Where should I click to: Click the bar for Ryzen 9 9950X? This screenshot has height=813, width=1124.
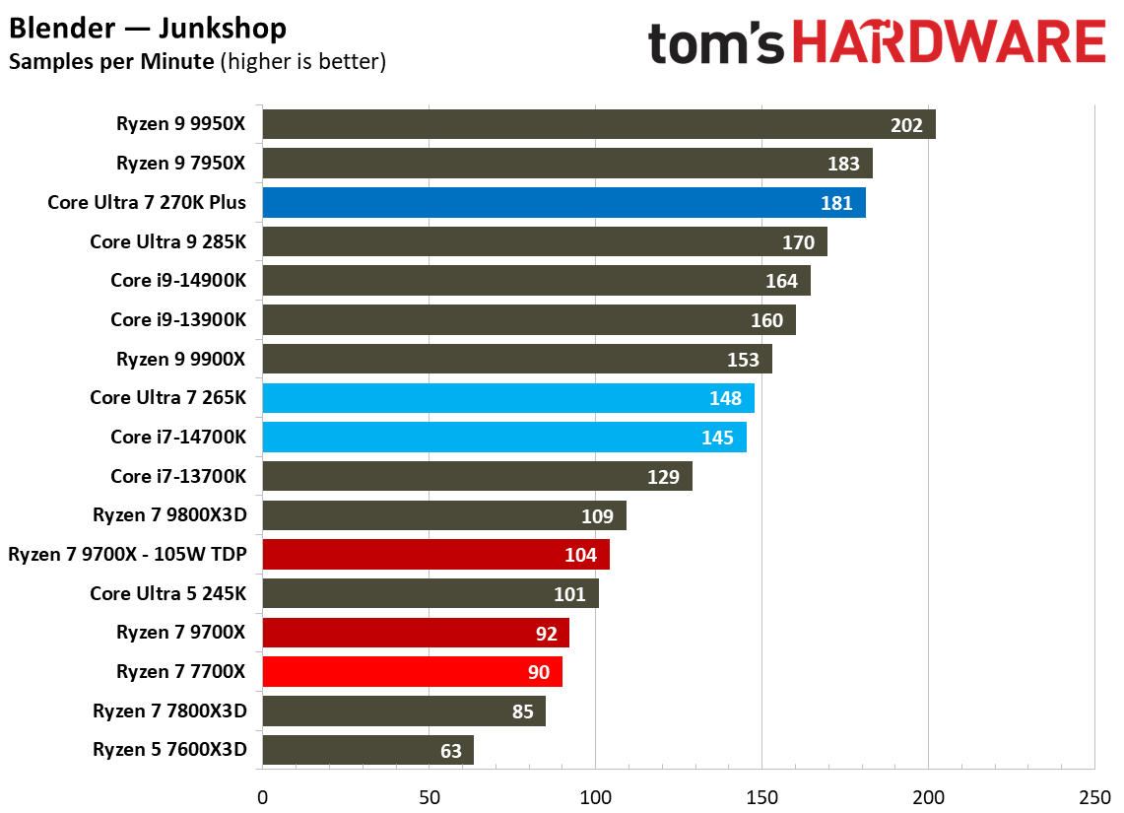coord(598,124)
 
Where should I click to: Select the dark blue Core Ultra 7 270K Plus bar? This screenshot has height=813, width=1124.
coord(563,203)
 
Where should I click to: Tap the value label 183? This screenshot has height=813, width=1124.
coord(843,165)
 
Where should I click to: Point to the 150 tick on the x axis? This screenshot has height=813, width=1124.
coord(761,796)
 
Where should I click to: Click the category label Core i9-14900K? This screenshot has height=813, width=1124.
coord(178,281)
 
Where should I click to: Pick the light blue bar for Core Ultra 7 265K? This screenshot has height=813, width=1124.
coord(507,398)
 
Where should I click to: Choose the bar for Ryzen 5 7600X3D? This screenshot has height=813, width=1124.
coord(367,750)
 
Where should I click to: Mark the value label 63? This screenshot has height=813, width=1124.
coord(450,751)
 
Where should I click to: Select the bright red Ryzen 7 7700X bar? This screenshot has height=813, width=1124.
coord(412,672)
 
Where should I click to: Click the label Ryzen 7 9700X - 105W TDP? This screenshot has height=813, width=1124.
coord(127,555)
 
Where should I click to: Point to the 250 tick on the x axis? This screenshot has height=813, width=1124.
coord(1094,796)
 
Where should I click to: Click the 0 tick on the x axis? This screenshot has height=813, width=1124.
coord(262,796)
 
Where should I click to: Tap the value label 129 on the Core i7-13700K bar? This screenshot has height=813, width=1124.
coord(663,477)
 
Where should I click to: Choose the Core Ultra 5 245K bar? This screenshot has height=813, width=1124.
coord(430,593)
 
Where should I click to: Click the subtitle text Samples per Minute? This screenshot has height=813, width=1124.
coord(111,62)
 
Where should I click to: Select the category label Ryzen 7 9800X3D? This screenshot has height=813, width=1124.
coord(169,515)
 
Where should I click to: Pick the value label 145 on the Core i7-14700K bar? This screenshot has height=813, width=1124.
coord(717,438)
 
